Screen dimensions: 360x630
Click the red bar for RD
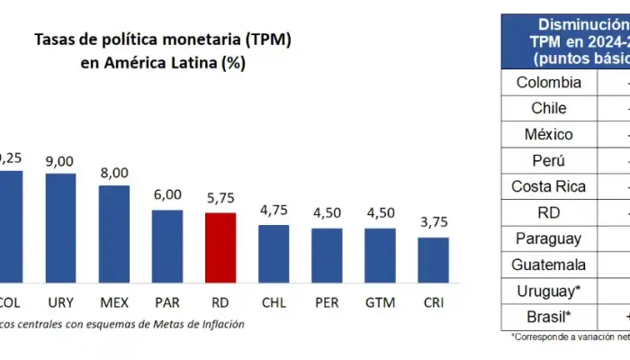point(220,247)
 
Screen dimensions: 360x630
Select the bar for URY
point(60,228)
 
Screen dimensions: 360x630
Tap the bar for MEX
point(114,234)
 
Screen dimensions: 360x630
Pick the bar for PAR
point(167,246)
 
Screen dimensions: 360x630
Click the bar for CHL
point(274,254)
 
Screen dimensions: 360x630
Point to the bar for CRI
point(433,260)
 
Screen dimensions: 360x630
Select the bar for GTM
point(380,256)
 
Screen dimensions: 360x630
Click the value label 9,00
point(60,162)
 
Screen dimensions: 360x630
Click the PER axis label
point(327,301)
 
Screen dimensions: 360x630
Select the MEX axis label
point(114,301)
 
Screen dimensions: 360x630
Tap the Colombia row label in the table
point(548,83)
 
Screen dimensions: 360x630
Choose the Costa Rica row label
point(548,187)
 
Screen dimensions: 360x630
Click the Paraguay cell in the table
point(548,239)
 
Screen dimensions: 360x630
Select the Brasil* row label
point(548,318)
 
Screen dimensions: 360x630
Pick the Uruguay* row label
point(548,292)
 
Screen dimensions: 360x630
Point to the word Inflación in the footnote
point(220,324)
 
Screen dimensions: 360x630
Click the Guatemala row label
point(548,265)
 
